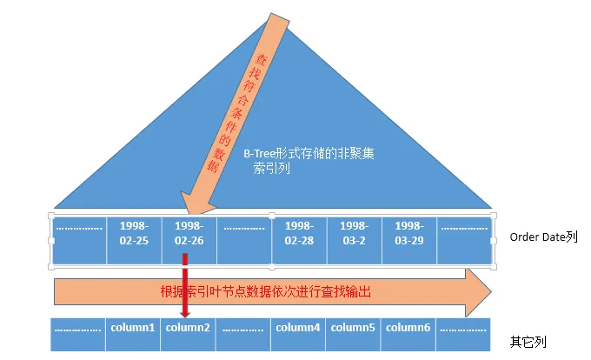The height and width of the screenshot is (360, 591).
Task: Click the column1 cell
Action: click(x=134, y=329)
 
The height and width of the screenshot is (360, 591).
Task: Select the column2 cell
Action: click(x=189, y=329)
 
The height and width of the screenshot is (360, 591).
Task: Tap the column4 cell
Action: click(x=299, y=329)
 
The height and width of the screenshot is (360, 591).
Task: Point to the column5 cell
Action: click(x=353, y=329)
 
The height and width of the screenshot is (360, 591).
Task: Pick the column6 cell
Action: click(x=408, y=329)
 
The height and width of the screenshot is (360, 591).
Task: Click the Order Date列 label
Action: click(x=543, y=237)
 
